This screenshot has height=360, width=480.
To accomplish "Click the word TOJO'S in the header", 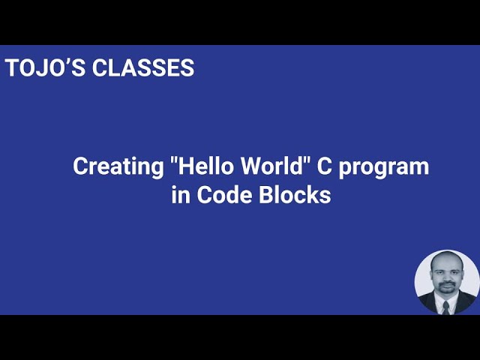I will pos(46,67).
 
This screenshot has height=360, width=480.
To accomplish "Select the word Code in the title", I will pos(226,194).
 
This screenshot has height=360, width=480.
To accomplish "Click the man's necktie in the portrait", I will pos(445,306).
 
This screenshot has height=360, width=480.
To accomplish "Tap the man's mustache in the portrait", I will pos(445,284).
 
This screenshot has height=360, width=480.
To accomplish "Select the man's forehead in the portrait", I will pos(446,265).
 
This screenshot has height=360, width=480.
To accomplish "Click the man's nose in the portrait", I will pos(445,278).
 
